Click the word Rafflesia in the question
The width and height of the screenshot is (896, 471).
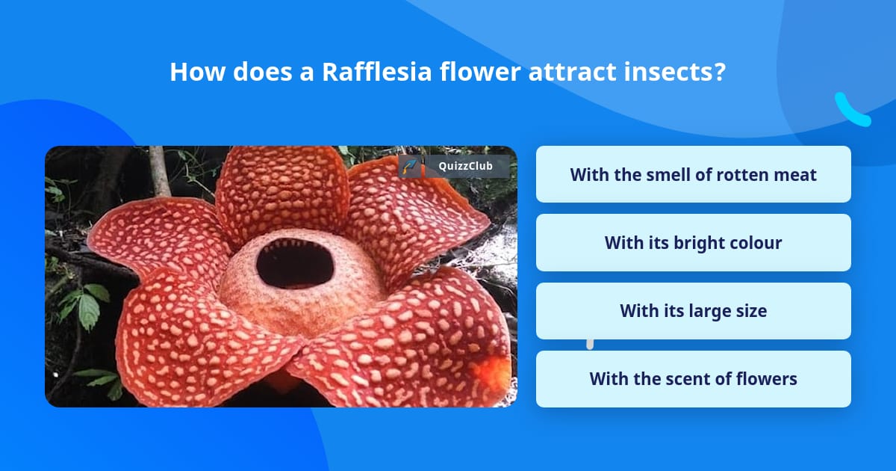(x=367, y=72)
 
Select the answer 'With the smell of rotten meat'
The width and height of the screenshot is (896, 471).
(x=693, y=174)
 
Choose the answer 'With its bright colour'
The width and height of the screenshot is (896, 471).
(x=693, y=243)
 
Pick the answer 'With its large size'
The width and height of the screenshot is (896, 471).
(x=693, y=311)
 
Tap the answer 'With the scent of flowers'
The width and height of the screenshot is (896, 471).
(x=693, y=379)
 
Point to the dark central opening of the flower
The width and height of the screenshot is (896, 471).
(x=295, y=263)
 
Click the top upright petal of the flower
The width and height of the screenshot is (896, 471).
(x=281, y=191)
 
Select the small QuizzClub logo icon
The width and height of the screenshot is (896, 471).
(x=410, y=166)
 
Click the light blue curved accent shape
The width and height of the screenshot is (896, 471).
(x=851, y=111)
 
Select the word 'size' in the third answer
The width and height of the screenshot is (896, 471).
(x=749, y=311)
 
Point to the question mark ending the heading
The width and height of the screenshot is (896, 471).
(x=720, y=72)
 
